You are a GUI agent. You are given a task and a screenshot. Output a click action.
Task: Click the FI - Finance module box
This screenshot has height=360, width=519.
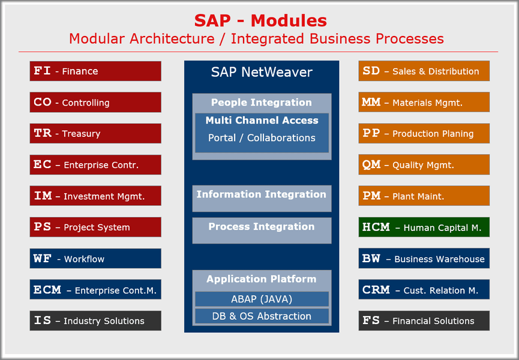point(95,71)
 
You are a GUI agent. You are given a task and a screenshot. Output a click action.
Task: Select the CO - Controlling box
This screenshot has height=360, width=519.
point(95,102)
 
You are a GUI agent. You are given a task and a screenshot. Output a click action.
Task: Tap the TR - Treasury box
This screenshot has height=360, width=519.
point(95,133)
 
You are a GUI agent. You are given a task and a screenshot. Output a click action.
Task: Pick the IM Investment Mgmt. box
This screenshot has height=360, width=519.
point(95,196)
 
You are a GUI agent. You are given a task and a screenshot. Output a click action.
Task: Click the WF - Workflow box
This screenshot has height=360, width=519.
point(95,259)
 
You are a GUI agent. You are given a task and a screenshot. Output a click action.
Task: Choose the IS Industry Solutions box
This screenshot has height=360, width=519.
point(95,320)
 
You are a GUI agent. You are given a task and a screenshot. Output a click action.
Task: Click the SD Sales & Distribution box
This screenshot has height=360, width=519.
point(424,71)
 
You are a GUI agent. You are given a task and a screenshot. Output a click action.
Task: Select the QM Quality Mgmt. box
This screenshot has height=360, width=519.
point(424,164)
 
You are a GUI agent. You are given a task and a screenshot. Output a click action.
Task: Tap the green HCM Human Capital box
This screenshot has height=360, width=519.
point(424,227)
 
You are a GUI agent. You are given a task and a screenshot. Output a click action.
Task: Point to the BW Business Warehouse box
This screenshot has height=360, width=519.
point(424,259)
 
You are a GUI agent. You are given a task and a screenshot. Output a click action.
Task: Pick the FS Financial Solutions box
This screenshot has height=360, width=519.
point(424,320)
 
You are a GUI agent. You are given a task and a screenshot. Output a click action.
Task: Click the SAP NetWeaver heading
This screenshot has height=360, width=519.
point(262,73)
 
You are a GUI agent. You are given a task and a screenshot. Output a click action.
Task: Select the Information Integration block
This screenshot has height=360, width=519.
point(262,198)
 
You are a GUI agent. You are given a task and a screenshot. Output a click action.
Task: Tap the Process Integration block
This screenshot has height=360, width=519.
point(262,230)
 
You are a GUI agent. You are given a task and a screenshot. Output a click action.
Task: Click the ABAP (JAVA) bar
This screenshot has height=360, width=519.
point(262,299)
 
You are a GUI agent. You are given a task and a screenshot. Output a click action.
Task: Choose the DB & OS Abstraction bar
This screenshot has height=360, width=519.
point(262,316)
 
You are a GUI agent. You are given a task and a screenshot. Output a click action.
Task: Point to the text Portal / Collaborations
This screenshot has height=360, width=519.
point(262,138)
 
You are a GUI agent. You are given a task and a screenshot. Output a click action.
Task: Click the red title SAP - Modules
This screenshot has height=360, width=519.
point(260,20)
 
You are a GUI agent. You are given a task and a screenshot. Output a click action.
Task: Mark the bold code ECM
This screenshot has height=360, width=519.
point(47,290)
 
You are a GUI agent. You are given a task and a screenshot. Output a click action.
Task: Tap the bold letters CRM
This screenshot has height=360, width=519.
point(376,290)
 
